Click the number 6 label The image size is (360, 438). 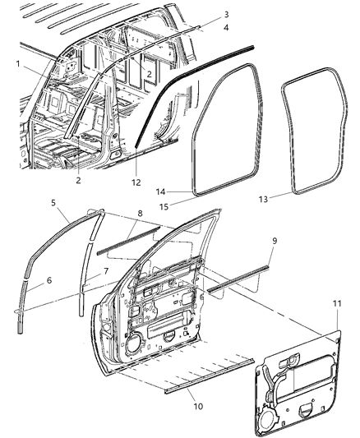49,280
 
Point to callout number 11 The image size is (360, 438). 338,305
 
